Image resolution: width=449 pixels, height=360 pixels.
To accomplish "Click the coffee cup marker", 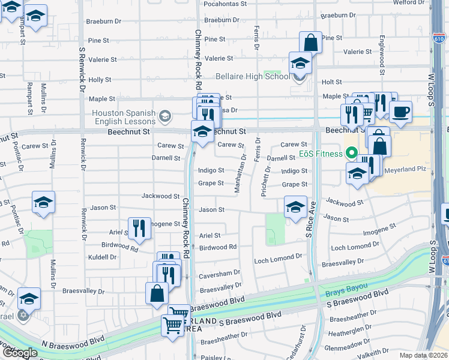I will click(x=400, y=111).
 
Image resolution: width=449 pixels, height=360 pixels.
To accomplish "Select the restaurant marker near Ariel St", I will click(x=139, y=228).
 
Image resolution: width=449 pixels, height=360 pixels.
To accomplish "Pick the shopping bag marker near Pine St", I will click(x=310, y=43).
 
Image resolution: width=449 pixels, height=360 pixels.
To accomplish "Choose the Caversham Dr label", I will click(x=220, y=272).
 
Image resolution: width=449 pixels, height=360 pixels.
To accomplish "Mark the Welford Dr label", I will click(x=409, y=3).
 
